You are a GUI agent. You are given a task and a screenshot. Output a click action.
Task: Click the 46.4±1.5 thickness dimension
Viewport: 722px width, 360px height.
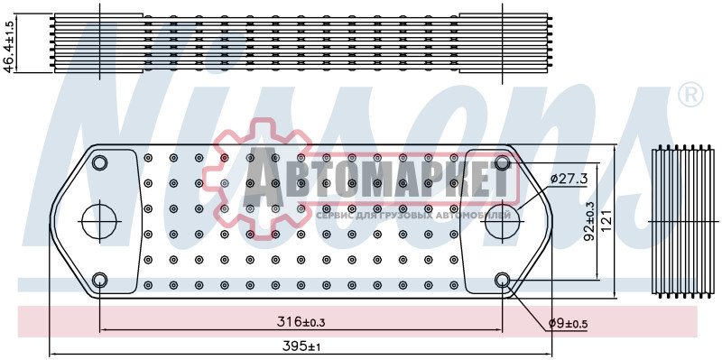pos(9,43)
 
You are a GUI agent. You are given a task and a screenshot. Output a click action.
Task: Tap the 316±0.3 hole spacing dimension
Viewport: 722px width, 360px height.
pos(301,322)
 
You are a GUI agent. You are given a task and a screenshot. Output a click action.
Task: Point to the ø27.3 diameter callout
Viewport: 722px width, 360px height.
pos(570,179)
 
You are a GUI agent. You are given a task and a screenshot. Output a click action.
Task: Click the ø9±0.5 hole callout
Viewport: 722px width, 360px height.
pos(569,324)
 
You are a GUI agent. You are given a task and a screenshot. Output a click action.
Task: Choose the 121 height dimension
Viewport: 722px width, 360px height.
pos(608,221)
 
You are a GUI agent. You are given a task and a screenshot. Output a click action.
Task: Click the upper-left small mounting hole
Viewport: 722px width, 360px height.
pos(99,162)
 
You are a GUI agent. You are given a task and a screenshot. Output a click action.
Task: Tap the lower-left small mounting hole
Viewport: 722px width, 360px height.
pos(99,280)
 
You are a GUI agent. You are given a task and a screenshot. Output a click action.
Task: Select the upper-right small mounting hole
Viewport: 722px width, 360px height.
pos(503,162)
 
